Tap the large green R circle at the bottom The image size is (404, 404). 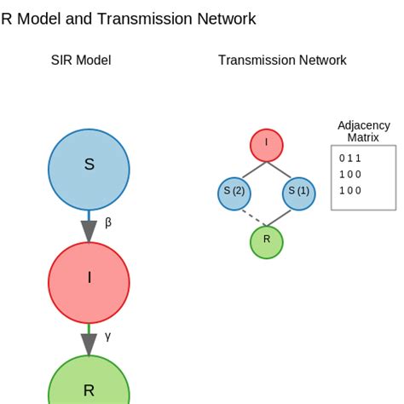point(89,388)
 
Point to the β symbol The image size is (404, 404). point(108,223)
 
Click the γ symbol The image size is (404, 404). point(108,336)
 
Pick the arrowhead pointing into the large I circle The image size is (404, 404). point(89,231)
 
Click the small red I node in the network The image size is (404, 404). point(267,145)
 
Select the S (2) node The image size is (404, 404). point(234,193)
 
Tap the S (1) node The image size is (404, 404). point(299,193)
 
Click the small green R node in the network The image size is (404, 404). point(267,242)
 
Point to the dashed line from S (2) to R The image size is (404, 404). point(250,217)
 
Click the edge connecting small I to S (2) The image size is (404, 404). point(251,169)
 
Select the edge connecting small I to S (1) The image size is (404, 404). point(283,169)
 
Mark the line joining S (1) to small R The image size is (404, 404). point(284,217)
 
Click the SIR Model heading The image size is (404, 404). point(81,61)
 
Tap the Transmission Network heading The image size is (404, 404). point(282,61)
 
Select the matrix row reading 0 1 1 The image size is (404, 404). point(350,159)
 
